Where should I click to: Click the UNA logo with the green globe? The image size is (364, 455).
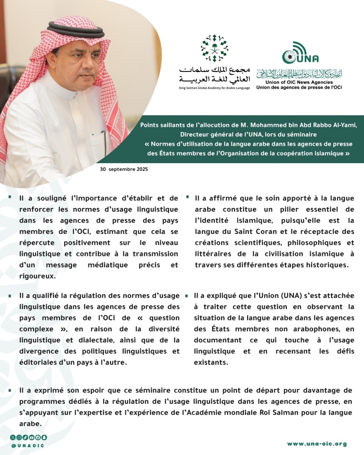point(300,53)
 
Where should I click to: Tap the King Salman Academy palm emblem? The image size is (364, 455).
point(214,48)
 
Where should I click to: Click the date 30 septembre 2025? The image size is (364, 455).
point(124,169)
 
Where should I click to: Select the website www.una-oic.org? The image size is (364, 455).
point(317,444)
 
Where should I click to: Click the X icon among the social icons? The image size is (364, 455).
point(13,437)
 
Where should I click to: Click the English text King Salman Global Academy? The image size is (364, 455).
point(215,88)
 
